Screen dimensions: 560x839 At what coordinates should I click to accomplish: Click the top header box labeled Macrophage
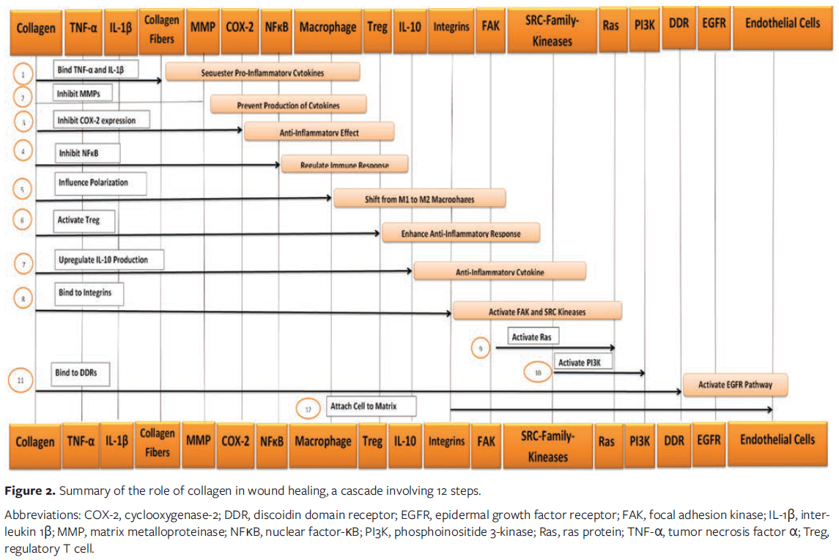(x=328, y=29)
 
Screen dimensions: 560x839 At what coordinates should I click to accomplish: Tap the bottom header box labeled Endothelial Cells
(x=777, y=441)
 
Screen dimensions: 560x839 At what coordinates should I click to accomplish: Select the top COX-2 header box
(x=240, y=29)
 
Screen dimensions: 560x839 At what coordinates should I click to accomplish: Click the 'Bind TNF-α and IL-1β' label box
(x=97, y=70)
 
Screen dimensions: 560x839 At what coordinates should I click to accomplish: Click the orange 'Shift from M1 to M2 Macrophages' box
(x=419, y=199)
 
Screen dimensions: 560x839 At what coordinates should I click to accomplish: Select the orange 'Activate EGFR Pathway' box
(x=737, y=384)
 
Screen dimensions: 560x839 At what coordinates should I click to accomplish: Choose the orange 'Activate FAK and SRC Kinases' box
(x=537, y=312)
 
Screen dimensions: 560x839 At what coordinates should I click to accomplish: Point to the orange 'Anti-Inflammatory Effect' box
(x=319, y=133)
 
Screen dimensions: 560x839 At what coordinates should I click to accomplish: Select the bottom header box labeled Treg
(x=372, y=441)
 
